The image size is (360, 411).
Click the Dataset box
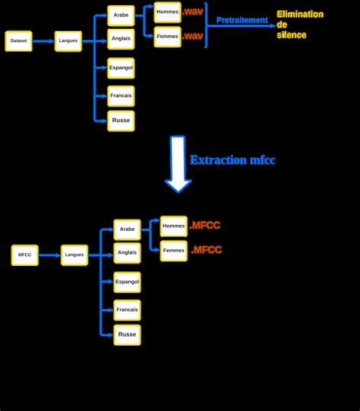[x=18, y=41]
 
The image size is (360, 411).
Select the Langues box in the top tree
[x=68, y=41]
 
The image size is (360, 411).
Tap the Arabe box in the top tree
[x=121, y=14]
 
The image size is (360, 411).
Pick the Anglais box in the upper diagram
[x=121, y=39]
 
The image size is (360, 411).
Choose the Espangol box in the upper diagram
[x=121, y=68]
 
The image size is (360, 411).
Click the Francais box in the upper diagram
[x=121, y=96]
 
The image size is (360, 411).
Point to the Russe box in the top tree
[x=121, y=121]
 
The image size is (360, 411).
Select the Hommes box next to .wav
[x=167, y=12]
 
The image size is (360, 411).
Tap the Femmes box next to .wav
[x=167, y=36]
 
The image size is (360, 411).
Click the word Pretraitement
[x=242, y=21]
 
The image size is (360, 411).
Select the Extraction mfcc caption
[x=232, y=160]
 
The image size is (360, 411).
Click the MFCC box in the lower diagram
[x=24, y=255]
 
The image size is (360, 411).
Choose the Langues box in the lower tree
[x=74, y=255]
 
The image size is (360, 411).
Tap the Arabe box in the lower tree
[x=127, y=229]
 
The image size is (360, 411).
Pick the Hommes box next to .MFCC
[x=173, y=226]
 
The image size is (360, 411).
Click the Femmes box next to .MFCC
[x=173, y=251]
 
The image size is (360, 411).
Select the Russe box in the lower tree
[x=127, y=335]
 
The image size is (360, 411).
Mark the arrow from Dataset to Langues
[x=43, y=41]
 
